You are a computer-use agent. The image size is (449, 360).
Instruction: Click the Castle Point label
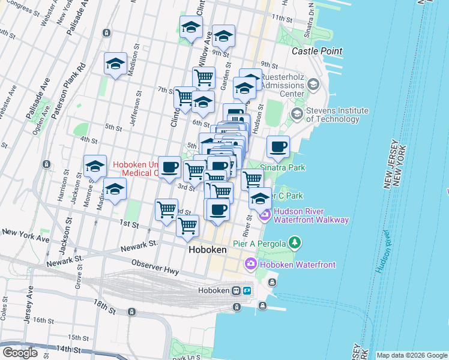tap(317, 52)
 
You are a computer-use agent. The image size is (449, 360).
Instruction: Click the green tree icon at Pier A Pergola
tap(294, 242)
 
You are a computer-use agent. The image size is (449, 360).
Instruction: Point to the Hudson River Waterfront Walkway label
tap(311, 215)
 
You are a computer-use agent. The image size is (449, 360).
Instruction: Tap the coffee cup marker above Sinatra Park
tap(278, 146)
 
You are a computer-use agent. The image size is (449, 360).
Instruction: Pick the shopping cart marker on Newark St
tap(188, 226)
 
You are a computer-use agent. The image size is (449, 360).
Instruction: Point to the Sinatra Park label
tap(282, 167)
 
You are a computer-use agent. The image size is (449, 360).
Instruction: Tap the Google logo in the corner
tap(20, 353)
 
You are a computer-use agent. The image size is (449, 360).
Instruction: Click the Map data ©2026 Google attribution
tap(412, 355)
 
